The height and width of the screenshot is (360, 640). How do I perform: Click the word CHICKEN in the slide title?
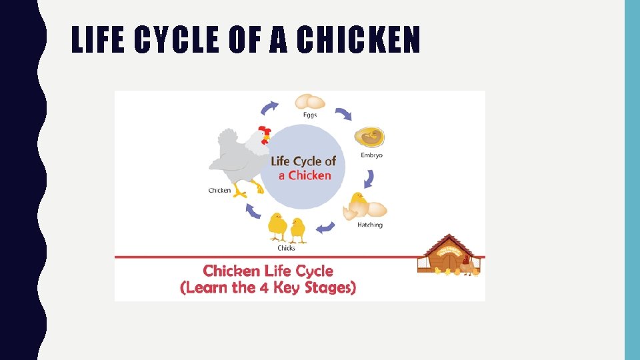358,40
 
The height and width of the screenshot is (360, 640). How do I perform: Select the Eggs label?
310,115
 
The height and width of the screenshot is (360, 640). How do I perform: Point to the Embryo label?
371,155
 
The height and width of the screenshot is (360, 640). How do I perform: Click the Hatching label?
370,225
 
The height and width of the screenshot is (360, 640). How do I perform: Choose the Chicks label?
286,248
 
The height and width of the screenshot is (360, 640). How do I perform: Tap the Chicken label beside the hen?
219,191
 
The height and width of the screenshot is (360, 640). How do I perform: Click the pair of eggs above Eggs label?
310,102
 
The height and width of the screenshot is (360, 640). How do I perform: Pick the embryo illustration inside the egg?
370,137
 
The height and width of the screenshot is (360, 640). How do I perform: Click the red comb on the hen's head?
265,130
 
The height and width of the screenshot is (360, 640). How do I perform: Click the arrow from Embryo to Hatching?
369,179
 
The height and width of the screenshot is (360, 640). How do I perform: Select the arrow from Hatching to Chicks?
325,228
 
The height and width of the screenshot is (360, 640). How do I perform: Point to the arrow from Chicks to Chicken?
253,211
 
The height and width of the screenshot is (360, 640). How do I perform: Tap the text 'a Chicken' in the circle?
305,175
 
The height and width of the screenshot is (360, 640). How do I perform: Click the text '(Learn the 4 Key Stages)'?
268,288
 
